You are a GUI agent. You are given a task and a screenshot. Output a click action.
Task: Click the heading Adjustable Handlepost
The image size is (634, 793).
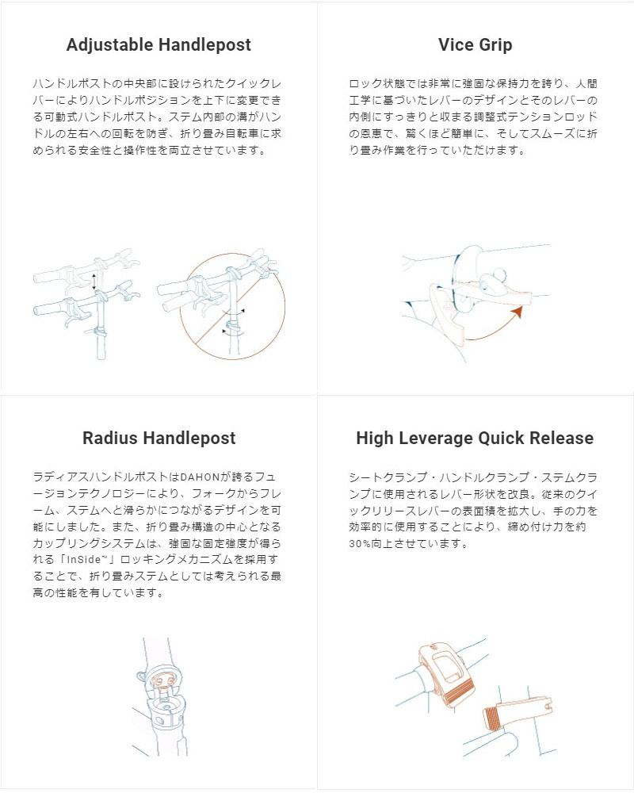point(158,45)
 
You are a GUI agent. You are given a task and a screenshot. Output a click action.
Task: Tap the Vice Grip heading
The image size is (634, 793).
point(475,45)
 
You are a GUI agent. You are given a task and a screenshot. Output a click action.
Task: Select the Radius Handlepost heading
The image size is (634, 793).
point(158,439)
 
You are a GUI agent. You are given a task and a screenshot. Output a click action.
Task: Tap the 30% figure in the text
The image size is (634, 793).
point(362,544)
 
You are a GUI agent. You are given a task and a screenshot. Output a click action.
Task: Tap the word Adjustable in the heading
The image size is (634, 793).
point(109,45)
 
